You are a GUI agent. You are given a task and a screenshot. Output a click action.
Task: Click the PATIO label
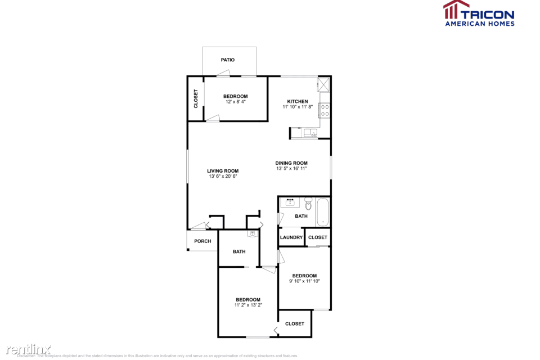coord(227,60)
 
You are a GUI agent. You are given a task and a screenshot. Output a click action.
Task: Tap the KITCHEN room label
coord(298,102)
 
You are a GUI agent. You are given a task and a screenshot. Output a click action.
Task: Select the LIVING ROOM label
coord(223,171)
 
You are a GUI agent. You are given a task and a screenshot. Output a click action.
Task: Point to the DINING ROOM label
coord(291,163)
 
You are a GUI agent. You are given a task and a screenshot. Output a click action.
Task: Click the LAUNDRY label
coord(291,237)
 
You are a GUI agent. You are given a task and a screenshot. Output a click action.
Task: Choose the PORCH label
coord(202,241)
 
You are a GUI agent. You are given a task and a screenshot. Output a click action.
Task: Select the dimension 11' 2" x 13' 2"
coord(248,305)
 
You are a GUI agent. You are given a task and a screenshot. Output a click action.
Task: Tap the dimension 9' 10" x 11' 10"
coord(304,281)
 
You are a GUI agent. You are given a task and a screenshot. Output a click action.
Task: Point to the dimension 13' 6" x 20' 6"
coord(223,177)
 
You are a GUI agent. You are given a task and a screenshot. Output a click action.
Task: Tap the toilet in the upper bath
coord(308,202)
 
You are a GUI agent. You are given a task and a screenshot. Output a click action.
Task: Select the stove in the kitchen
coord(325,110)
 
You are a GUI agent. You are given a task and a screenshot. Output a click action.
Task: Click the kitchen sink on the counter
coord(310,133)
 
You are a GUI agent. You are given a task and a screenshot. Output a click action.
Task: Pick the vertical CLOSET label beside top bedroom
coord(196,98)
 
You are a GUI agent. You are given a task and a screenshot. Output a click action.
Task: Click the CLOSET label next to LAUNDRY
coord(318,237)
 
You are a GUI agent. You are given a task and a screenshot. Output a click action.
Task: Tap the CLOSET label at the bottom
coord(295,323)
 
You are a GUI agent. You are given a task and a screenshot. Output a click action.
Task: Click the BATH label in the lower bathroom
coord(239,251)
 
